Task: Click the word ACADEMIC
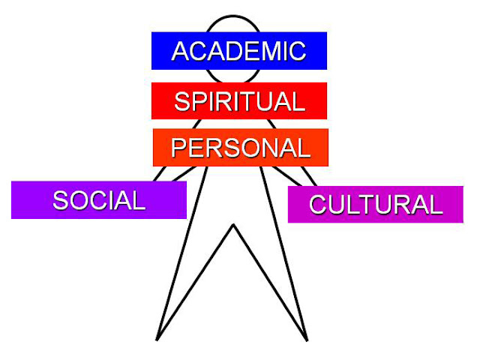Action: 238,51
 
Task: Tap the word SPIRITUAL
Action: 239,101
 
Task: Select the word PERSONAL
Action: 240,147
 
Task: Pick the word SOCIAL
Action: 98,200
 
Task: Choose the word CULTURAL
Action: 376,205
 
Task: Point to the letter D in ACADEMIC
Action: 231,51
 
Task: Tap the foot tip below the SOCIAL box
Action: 157,340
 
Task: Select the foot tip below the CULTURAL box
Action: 307,340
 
